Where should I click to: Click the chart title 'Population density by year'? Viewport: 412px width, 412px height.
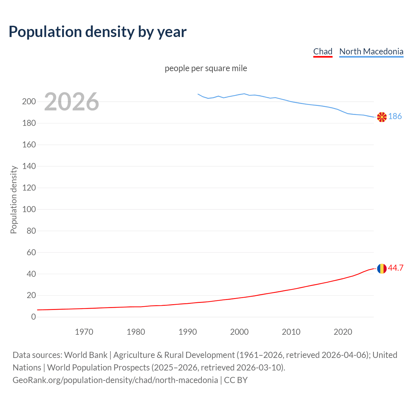pos(98,32)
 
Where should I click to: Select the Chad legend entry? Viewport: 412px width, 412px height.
pos(323,51)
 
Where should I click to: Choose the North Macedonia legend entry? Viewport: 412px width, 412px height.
pos(371,51)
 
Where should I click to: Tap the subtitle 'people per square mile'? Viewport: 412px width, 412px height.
pos(206,69)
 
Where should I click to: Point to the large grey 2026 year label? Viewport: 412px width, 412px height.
pos(71,102)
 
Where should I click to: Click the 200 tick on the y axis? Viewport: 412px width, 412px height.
pos(29,102)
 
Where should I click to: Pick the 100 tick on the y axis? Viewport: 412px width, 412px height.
pos(29,209)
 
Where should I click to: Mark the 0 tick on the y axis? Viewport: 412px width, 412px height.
pos(33,317)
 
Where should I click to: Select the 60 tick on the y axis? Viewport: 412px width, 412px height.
pos(31,252)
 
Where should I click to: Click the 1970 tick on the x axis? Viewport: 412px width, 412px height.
pos(84,332)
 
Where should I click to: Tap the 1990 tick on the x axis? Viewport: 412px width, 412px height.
pos(188,332)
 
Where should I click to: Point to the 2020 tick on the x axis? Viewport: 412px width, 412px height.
pos(343,332)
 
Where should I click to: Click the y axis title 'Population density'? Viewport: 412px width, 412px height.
pos(14,200)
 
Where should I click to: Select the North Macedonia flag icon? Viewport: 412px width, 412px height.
pos(382,117)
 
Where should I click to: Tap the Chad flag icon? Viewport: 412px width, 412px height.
pos(382,268)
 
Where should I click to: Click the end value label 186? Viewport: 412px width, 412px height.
pos(395,117)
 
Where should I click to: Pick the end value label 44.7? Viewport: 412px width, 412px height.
pos(396,268)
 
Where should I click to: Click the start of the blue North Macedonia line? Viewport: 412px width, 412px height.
pos(198,94)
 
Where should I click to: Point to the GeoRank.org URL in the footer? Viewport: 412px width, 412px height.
pos(115,380)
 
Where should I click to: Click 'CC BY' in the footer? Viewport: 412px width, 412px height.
pos(236,380)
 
